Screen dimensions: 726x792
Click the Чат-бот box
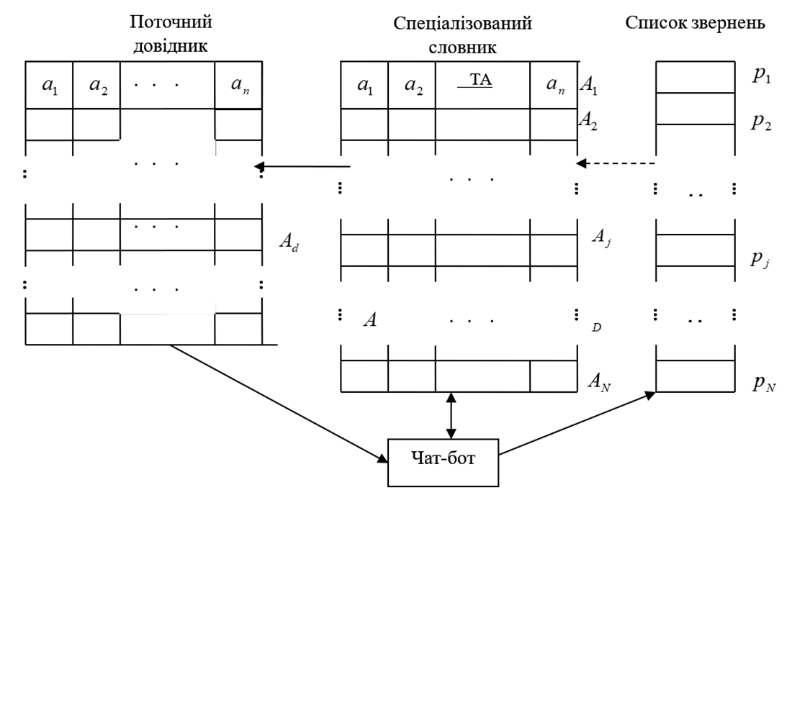pos(443,462)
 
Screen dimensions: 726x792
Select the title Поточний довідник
pos(171,34)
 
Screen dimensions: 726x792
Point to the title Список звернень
pos(695,23)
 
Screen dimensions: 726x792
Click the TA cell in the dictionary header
pos(482,84)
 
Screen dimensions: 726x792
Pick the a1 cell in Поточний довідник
pos(49,86)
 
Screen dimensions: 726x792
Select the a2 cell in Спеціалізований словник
pos(413,86)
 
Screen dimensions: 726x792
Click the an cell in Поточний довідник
pos(239,86)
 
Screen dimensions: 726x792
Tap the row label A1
pos(589,87)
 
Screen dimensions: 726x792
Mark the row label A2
pos(589,120)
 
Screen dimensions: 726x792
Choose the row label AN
pos(599,381)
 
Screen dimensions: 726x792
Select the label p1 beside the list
pos(762,76)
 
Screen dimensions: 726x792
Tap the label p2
pos(762,121)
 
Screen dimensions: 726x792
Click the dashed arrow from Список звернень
pos(616,163)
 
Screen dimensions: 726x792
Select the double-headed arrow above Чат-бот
pos(451,416)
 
